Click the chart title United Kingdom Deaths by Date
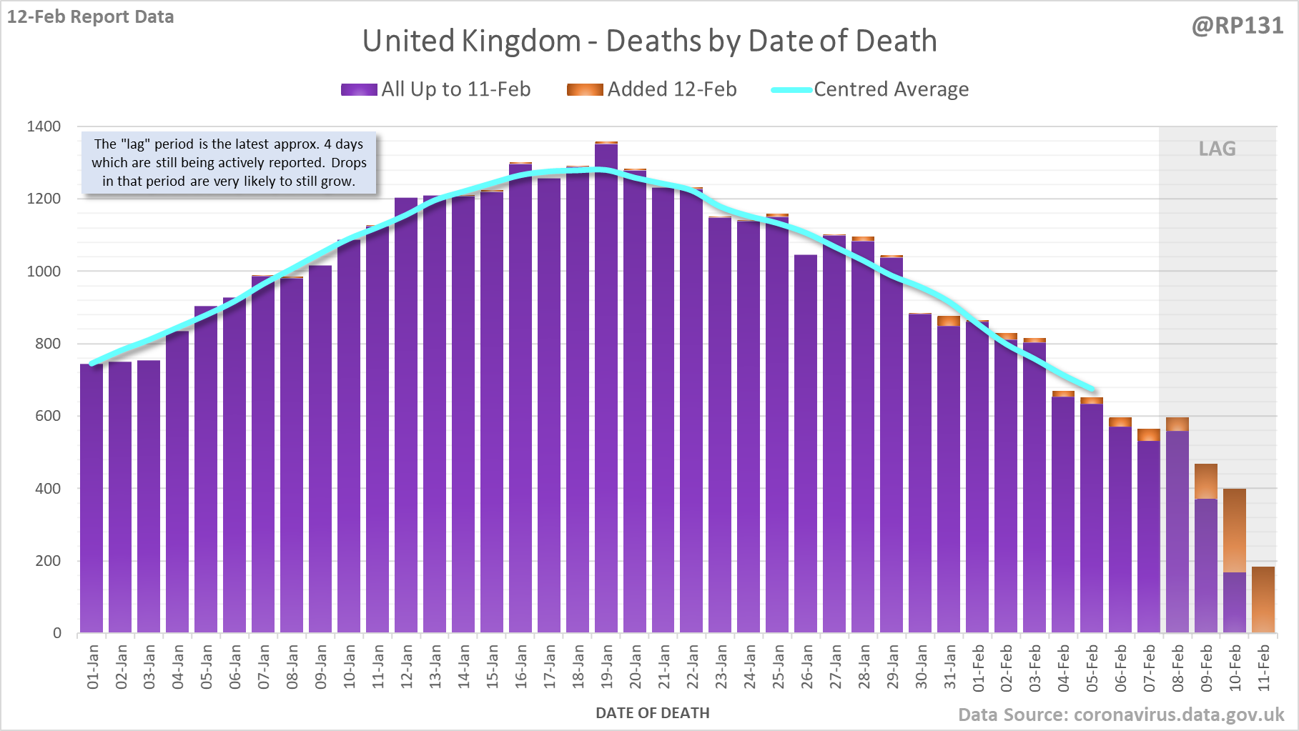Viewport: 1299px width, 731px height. pyautogui.click(x=649, y=41)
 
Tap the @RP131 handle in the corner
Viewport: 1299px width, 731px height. pyautogui.click(x=1237, y=26)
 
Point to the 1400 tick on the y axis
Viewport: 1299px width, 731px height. pyautogui.click(x=44, y=126)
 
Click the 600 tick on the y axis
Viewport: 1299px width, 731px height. pyautogui.click(x=48, y=416)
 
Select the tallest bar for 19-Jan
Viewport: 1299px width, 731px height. pyautogui.click(x=606, y=386)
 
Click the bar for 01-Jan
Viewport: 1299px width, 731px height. pyautogui.click(x=92, y=500)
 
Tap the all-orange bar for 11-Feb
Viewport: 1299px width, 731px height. pyautogui.click(x=1263, y=600)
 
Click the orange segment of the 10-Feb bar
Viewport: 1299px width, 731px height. pyautogui.click(x=1235, y=530)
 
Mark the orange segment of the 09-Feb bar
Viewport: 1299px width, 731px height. pyautogui.click(x=1206, y=481)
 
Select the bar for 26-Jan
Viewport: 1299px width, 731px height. pyautogui.click(x=806, y=443)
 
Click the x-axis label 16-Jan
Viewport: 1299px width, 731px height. pyautogui.click(x=521, y=667)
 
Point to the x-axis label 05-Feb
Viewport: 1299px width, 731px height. pyautogui.click(x=1092, y=667)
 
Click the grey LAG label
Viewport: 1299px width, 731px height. pyautogui.click(x=1217, y=149)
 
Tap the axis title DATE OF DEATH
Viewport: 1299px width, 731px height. pyautogui.click(x=652, y=713)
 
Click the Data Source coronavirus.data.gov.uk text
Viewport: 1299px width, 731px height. pyautogui.click(x=1121, y=715)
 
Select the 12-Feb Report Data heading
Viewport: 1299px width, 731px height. pyautogui.click(x=91, y=16)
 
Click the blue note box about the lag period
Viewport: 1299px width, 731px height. pyautogui.click(x=229, y=163)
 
